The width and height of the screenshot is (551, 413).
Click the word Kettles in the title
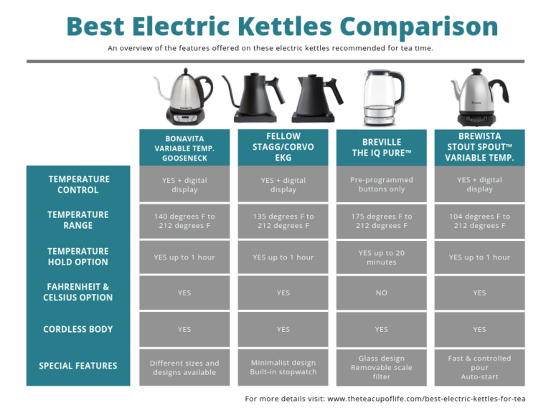coord(284,27)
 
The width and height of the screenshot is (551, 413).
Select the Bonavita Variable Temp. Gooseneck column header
coord(184,148)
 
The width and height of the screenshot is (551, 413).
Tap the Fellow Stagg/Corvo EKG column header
coord(283,147)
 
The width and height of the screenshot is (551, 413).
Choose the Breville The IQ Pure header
coord(382,148)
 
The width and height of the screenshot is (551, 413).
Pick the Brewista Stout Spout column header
coord(480,147)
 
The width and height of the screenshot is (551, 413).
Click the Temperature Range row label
coord(78,220)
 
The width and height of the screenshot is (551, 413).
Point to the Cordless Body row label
coord(78,329)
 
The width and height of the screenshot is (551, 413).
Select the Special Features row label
coord(78,366)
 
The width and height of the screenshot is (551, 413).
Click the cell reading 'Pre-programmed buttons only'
coord(382,184)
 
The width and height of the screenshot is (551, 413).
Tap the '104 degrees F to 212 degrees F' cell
coord(480,222)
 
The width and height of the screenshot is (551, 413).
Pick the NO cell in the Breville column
coord(382,293)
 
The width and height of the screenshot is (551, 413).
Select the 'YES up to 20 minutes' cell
coord(382,257)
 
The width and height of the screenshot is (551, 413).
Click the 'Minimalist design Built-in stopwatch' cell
coord(283,367)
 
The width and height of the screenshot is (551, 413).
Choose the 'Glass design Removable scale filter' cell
coord(382,367)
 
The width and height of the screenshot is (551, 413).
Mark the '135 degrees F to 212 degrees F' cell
coord(283,222)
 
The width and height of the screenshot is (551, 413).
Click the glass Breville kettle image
coord(383,98)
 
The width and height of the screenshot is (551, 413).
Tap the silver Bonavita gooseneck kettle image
coord(184,97)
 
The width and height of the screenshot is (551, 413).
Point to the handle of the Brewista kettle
coord(499,90)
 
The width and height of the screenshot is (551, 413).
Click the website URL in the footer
coord(426,399)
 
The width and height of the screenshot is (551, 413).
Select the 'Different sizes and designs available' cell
coord(184,367)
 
